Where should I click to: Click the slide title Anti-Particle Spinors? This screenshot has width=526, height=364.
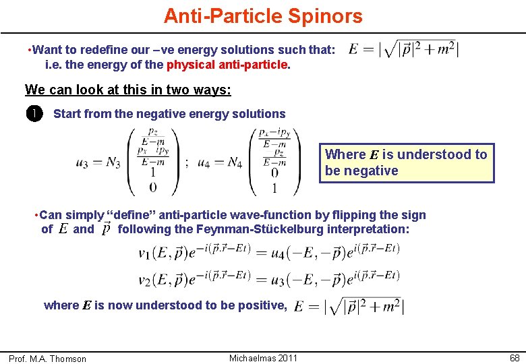pos(263,16)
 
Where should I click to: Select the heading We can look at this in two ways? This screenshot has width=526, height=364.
pos(127,90)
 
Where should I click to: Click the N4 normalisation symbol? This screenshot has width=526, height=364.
pos(235,162)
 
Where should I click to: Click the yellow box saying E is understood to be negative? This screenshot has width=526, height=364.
pos(406,162)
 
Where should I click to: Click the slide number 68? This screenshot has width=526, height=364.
pos(514,357)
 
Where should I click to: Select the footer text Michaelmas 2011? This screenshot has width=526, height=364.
pos(263,357)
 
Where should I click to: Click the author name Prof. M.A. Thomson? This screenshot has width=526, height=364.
pos(48,359)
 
